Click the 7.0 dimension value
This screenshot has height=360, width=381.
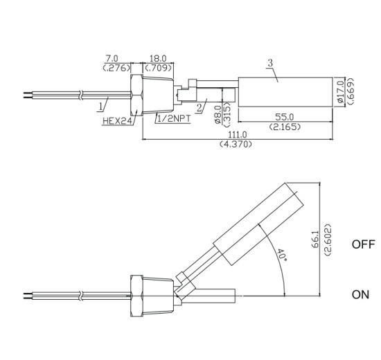[x=112, y=60]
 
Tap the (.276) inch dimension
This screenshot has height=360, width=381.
[x=112, y=69]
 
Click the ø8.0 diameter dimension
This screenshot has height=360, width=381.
[x=219, y=113]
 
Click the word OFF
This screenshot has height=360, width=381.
[x=362, y=245]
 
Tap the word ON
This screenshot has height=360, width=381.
[x=360, y=294]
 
